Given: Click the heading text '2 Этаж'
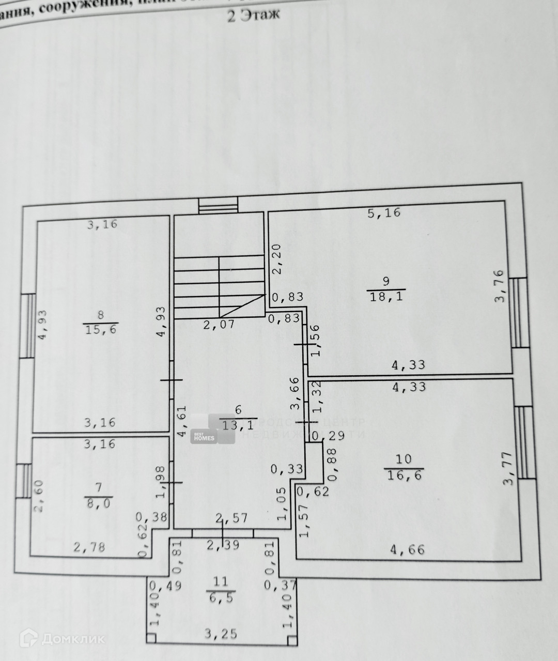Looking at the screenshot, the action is click(x=254, y=15).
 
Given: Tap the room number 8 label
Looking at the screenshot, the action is click(x=101, y=315).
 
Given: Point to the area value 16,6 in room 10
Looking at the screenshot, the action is click(x=402, y=474).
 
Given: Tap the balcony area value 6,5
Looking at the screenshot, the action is click(x=221, y=597).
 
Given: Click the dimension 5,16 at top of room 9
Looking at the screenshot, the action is click(x=383, y=212).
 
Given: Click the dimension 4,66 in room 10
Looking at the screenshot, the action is click(x=408, y=549).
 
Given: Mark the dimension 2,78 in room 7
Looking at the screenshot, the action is click(x=89, y=546).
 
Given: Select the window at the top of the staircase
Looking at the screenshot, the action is click(x=218, y=206).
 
